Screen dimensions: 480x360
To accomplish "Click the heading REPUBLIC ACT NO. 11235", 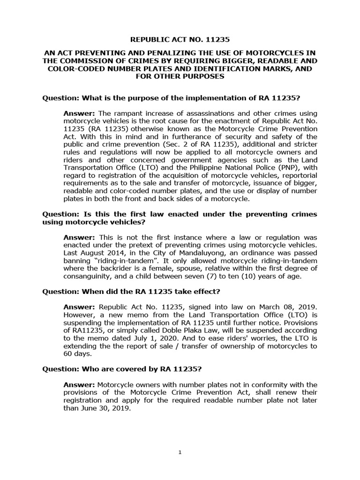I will point(180,41).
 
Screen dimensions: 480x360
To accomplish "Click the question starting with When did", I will point(131,291).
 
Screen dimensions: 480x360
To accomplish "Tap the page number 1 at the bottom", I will point(180,452).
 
